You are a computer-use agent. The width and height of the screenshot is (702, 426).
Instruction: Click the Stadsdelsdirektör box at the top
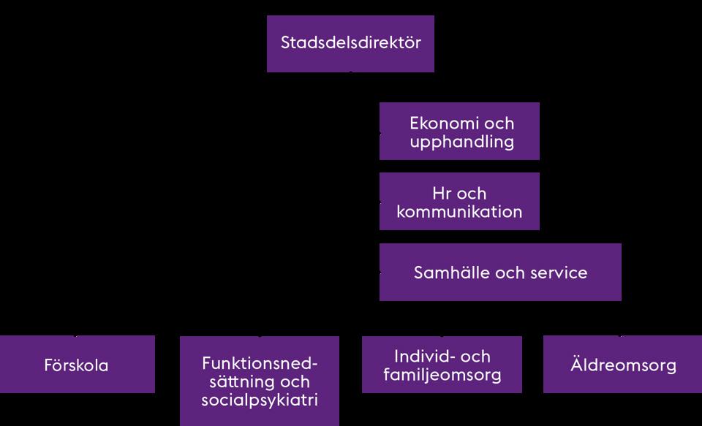click(350, 43)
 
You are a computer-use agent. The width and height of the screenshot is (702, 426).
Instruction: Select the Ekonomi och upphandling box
click(459, 131)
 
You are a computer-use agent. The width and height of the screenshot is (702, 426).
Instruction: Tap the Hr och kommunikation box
click(459, 202)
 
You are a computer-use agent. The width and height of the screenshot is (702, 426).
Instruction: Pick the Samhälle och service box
click(500, 272)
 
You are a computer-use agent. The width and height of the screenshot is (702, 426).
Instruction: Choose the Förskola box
click(78, 364)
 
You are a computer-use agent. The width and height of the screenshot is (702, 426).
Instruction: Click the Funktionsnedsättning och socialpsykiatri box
click(260, 381)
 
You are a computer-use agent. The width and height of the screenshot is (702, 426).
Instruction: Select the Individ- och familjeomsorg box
click(442, 364)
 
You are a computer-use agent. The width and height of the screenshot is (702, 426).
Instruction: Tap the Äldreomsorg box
click(623, 364)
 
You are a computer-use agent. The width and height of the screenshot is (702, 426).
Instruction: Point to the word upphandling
click(461, 142)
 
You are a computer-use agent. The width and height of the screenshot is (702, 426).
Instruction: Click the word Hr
click(440, 194)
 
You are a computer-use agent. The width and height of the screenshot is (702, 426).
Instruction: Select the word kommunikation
click(459, 212)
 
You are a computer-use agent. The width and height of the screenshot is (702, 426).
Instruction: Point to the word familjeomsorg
click(442, 375)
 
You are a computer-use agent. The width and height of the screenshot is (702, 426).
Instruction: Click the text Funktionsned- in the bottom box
click(260, 363)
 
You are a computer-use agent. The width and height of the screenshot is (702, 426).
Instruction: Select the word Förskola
click(76, 365)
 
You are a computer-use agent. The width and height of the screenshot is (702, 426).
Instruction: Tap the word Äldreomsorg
click(623, 365)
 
